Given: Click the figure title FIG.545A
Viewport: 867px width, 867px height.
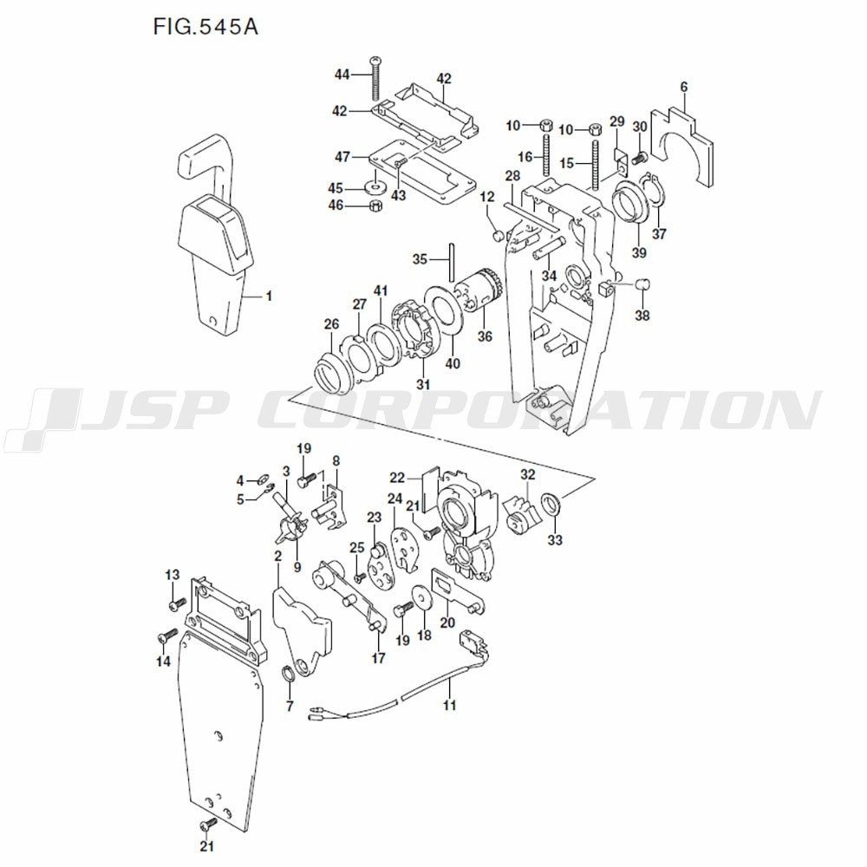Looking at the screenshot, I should point(205,26).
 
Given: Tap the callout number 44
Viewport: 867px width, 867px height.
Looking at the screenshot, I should point(342,75).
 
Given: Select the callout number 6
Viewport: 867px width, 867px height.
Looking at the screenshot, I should point(683,87).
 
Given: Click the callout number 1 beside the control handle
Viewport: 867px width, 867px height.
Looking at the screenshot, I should point(269,297).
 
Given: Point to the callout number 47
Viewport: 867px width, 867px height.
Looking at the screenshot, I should point(342,157).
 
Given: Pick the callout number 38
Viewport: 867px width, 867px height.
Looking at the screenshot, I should point(642,316).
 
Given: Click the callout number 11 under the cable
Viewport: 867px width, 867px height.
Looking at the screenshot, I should point(449,706).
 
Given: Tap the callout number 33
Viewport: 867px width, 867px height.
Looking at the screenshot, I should point(555,540).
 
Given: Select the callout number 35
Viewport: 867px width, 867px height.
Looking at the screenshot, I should point(420,259).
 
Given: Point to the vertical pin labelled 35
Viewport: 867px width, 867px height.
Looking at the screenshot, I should point(453,259).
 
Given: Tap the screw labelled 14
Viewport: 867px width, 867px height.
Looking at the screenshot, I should point(164,637).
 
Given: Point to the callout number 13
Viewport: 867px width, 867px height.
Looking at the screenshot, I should point(172,575).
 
